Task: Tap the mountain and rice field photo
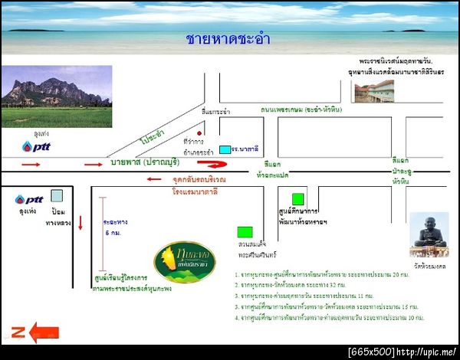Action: (x=56, y=96)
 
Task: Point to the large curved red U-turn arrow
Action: (x=213, y=163)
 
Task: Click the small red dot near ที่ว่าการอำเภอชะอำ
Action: (x=199, y=133)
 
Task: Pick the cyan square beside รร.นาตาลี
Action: (x=225, y=149)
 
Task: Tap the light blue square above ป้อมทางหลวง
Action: (x=57, y=195)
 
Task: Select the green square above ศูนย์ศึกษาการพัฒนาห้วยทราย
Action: (x=297, y=198)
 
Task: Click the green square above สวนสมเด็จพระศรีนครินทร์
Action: (x=245, y=231)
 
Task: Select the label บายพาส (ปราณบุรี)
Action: (x=146, y=162)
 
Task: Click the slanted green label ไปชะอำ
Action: (x=153, y=136)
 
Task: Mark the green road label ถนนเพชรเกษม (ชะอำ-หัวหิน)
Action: (x=300, y=110)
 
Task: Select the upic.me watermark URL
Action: (x=426, y=352)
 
